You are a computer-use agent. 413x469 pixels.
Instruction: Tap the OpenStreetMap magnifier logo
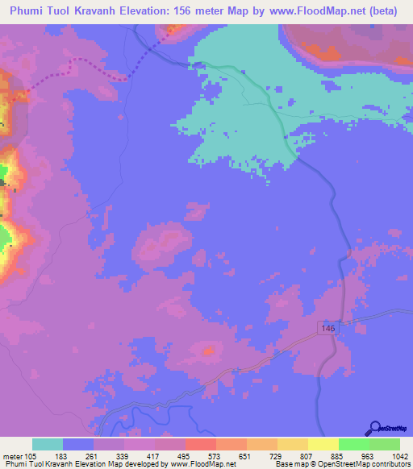tap(376, 428)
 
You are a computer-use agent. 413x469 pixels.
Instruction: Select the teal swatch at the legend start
tap(48, 444)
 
